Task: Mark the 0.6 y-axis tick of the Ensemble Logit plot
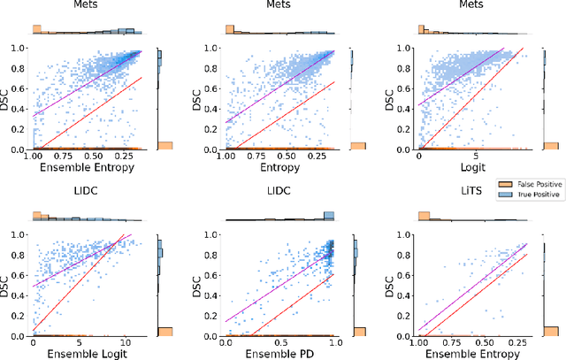click(x=22, y=275)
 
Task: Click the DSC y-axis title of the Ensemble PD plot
click(x=200, y=286)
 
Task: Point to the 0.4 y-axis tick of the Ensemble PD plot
click(x=215, y=295)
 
